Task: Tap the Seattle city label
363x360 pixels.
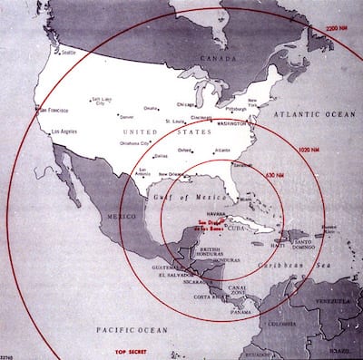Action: [x=69, y=52]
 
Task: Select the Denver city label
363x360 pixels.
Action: [x=127, y=117]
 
